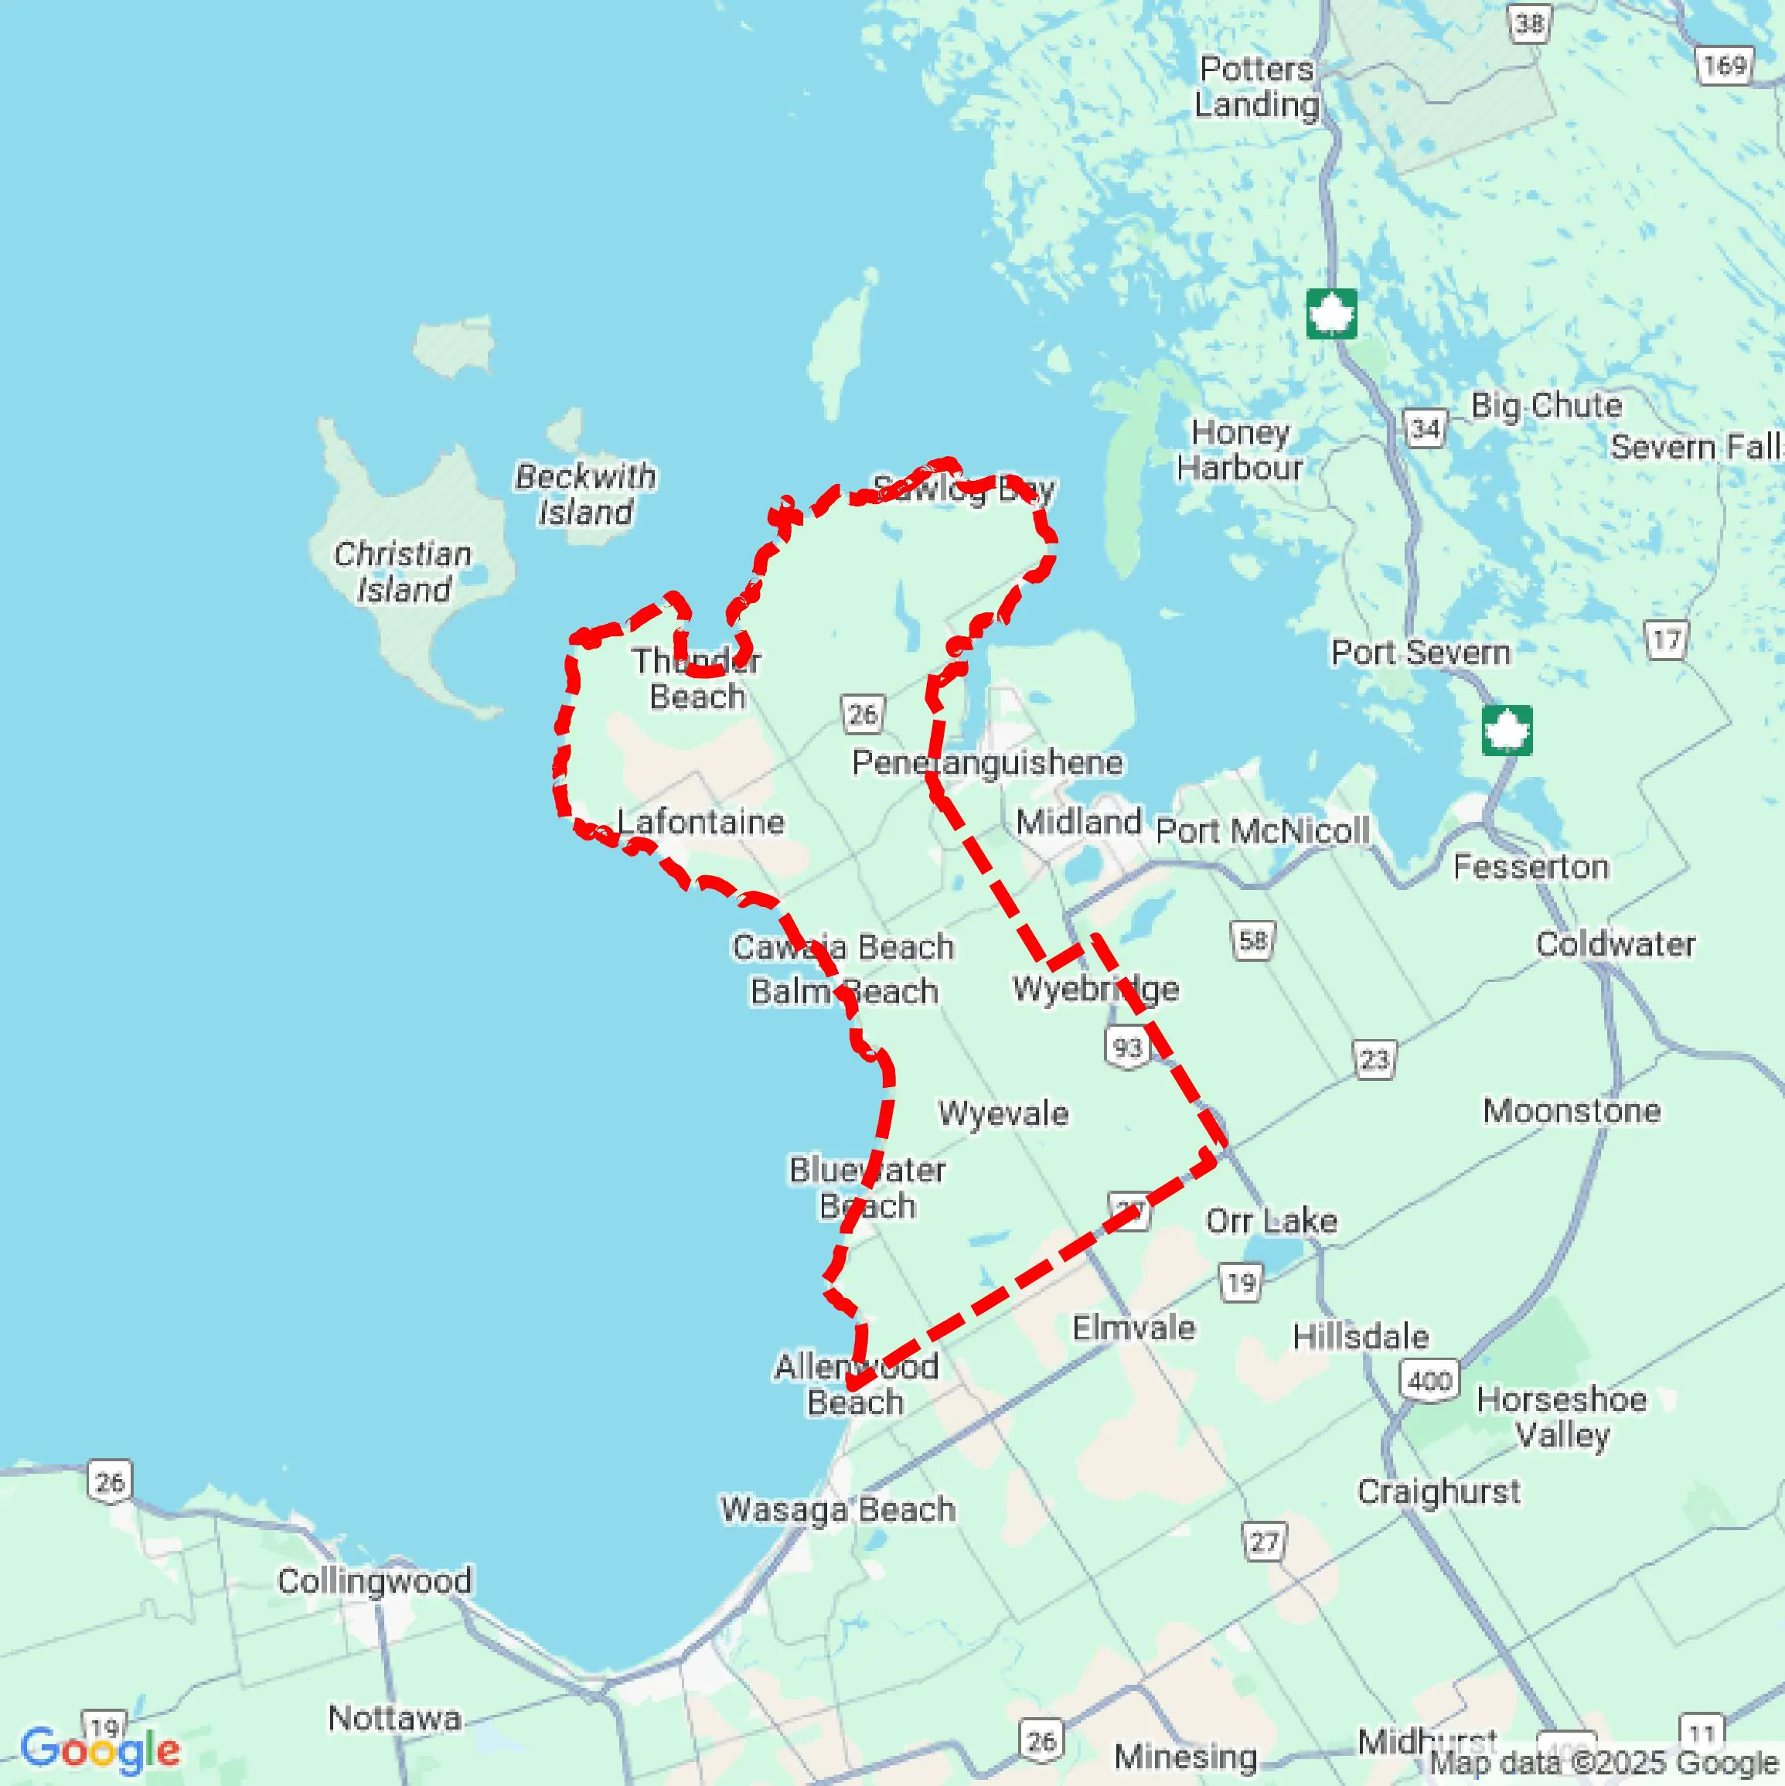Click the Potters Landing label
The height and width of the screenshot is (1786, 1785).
click(1256, 86)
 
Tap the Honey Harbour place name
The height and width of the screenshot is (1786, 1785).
click(1240, 449)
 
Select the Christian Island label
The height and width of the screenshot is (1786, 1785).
click(403, 571)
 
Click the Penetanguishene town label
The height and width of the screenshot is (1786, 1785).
click(987, 762)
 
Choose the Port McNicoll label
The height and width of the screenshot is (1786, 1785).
click(1262, 830)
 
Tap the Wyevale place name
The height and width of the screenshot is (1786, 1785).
click(1003, 1113)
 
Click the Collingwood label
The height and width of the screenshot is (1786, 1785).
click(374, 1581)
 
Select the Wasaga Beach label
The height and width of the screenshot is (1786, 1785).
click(837, 1509)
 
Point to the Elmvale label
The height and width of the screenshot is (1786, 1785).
click(1133, 1328)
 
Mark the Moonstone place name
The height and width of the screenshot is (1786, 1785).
click(1572, 1110)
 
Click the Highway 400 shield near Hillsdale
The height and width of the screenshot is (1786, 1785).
click(1430, 1381)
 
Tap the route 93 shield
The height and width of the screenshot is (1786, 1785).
click(1127, 1048)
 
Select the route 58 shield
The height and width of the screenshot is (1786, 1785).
click(1252, 941)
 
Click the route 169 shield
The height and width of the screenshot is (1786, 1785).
click(1725, 66)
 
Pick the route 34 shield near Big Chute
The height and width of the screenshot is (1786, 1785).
click(1425, 428)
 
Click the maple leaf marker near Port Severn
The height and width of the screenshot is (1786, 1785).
click(1507, 731)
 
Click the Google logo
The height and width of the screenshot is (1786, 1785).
click(100, 1750)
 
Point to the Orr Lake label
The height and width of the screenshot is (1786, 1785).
click(1271, 1221)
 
